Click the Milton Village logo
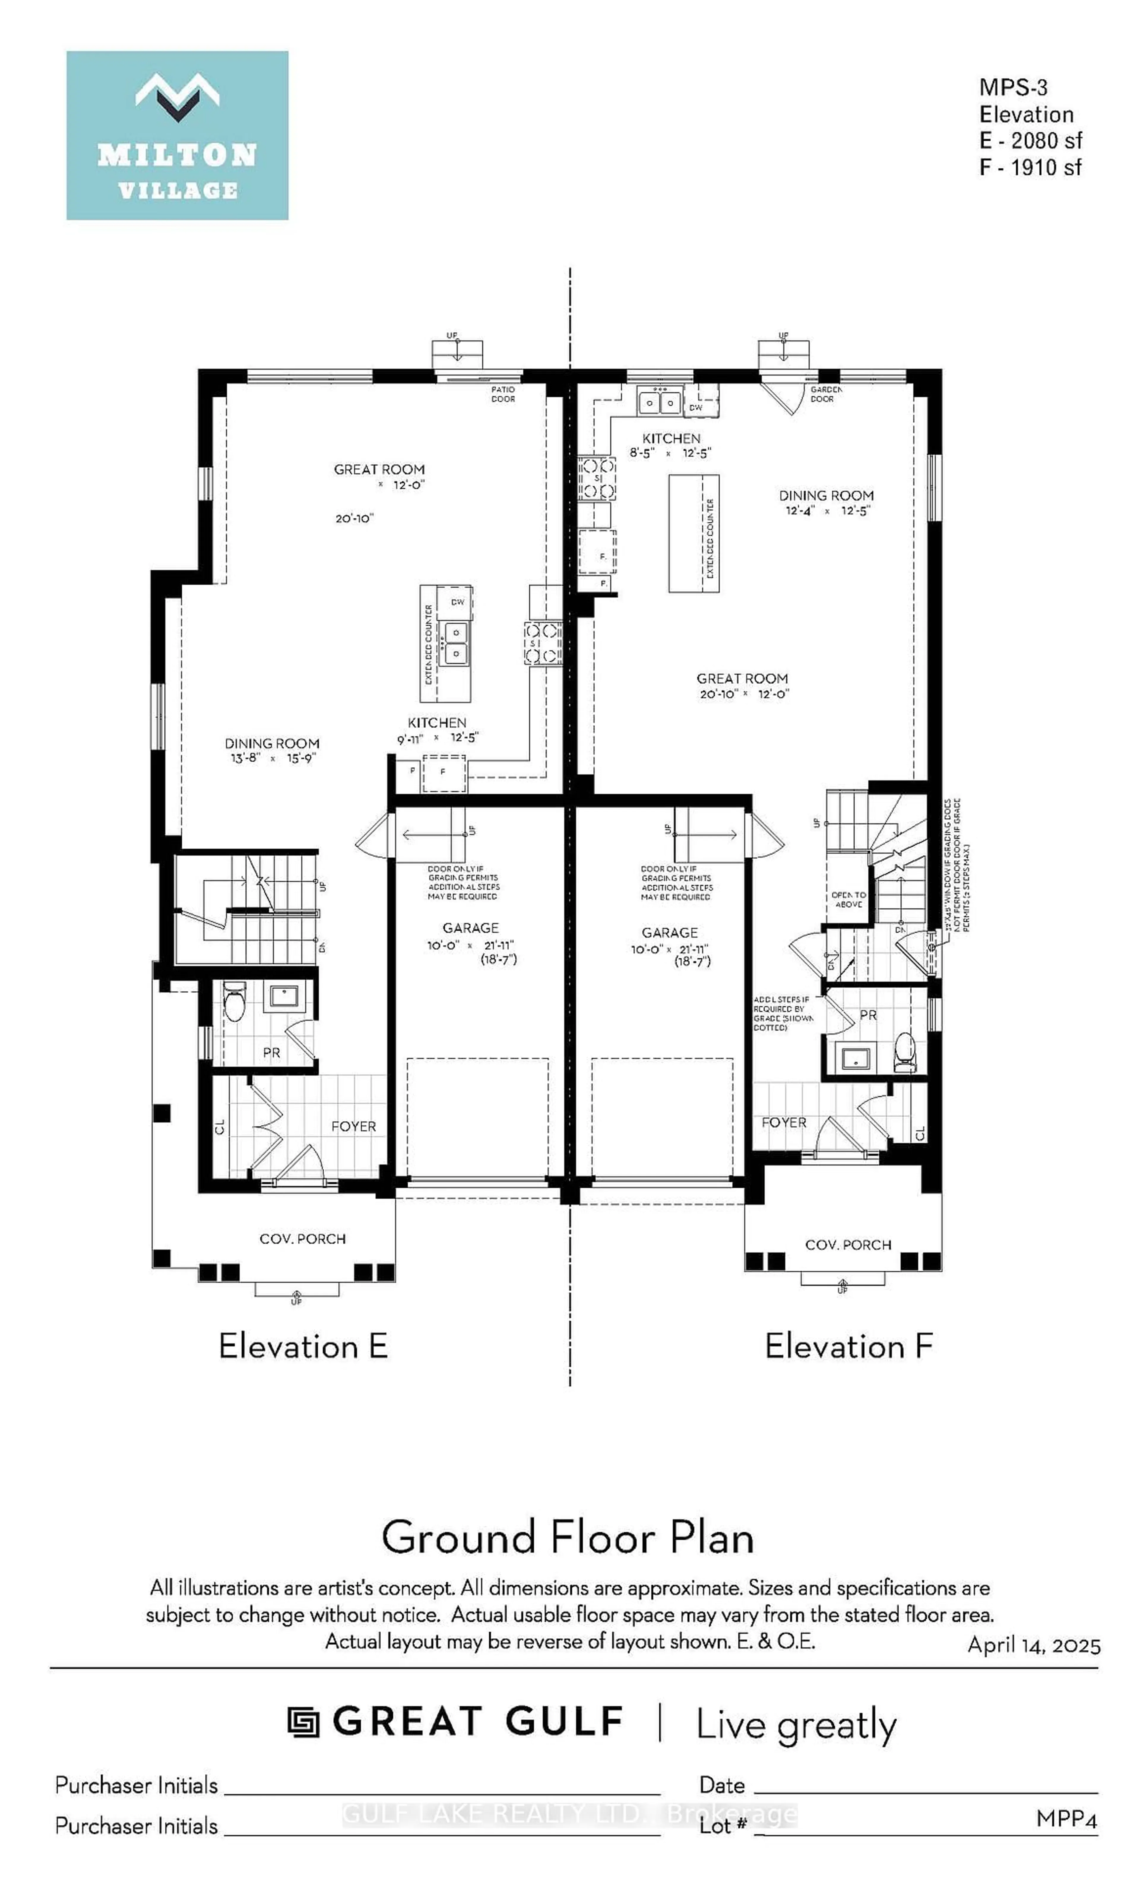(x=177, y=136)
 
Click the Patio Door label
(x=503, y=394)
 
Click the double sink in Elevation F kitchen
(x=659, y=401)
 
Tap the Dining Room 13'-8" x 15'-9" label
(x=272, y=750)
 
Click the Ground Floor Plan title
(x=568, y=1537)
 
